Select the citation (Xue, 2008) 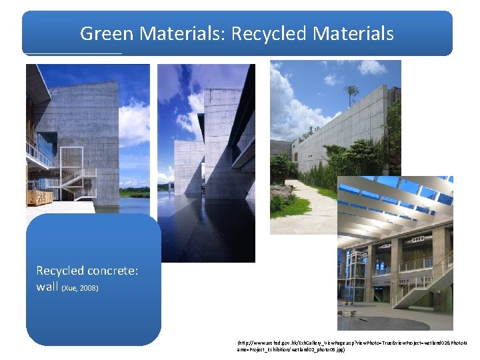point(80,288)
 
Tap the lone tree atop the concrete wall point(351,94)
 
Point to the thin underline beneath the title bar point(73,53)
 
